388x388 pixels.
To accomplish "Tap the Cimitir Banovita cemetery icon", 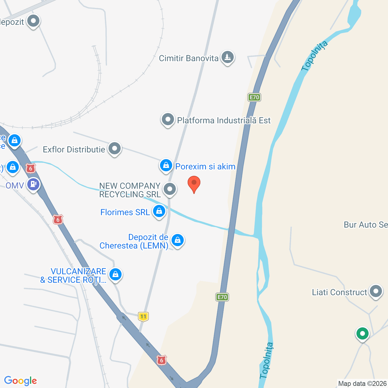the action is coord(227,57).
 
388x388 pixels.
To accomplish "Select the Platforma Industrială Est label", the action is coord(224,120).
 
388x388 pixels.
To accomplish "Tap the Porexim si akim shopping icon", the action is coord(166,166).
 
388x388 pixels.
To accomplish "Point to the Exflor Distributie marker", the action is coord(115,149).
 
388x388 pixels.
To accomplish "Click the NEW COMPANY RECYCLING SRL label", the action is coord(130,190).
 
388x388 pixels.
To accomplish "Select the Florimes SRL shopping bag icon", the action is coord(159,211).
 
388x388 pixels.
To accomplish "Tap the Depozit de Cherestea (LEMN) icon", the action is coord(178,240).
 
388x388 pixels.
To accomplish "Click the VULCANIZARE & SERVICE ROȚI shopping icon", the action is coord(115,275).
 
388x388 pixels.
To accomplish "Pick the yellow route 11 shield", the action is coord(143,316).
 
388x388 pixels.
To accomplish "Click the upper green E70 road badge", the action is coord(254,97).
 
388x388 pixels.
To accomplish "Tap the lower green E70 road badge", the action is coord(222,297).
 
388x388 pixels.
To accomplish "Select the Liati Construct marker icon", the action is coord(376,291).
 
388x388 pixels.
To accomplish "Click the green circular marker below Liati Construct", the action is coord(362,334).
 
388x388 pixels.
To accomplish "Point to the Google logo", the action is coord(21,381).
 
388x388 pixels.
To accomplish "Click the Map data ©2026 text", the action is coord(363,383).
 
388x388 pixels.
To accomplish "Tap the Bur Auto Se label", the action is coord(366,225).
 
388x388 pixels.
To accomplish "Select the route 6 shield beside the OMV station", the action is coord(31,168).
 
